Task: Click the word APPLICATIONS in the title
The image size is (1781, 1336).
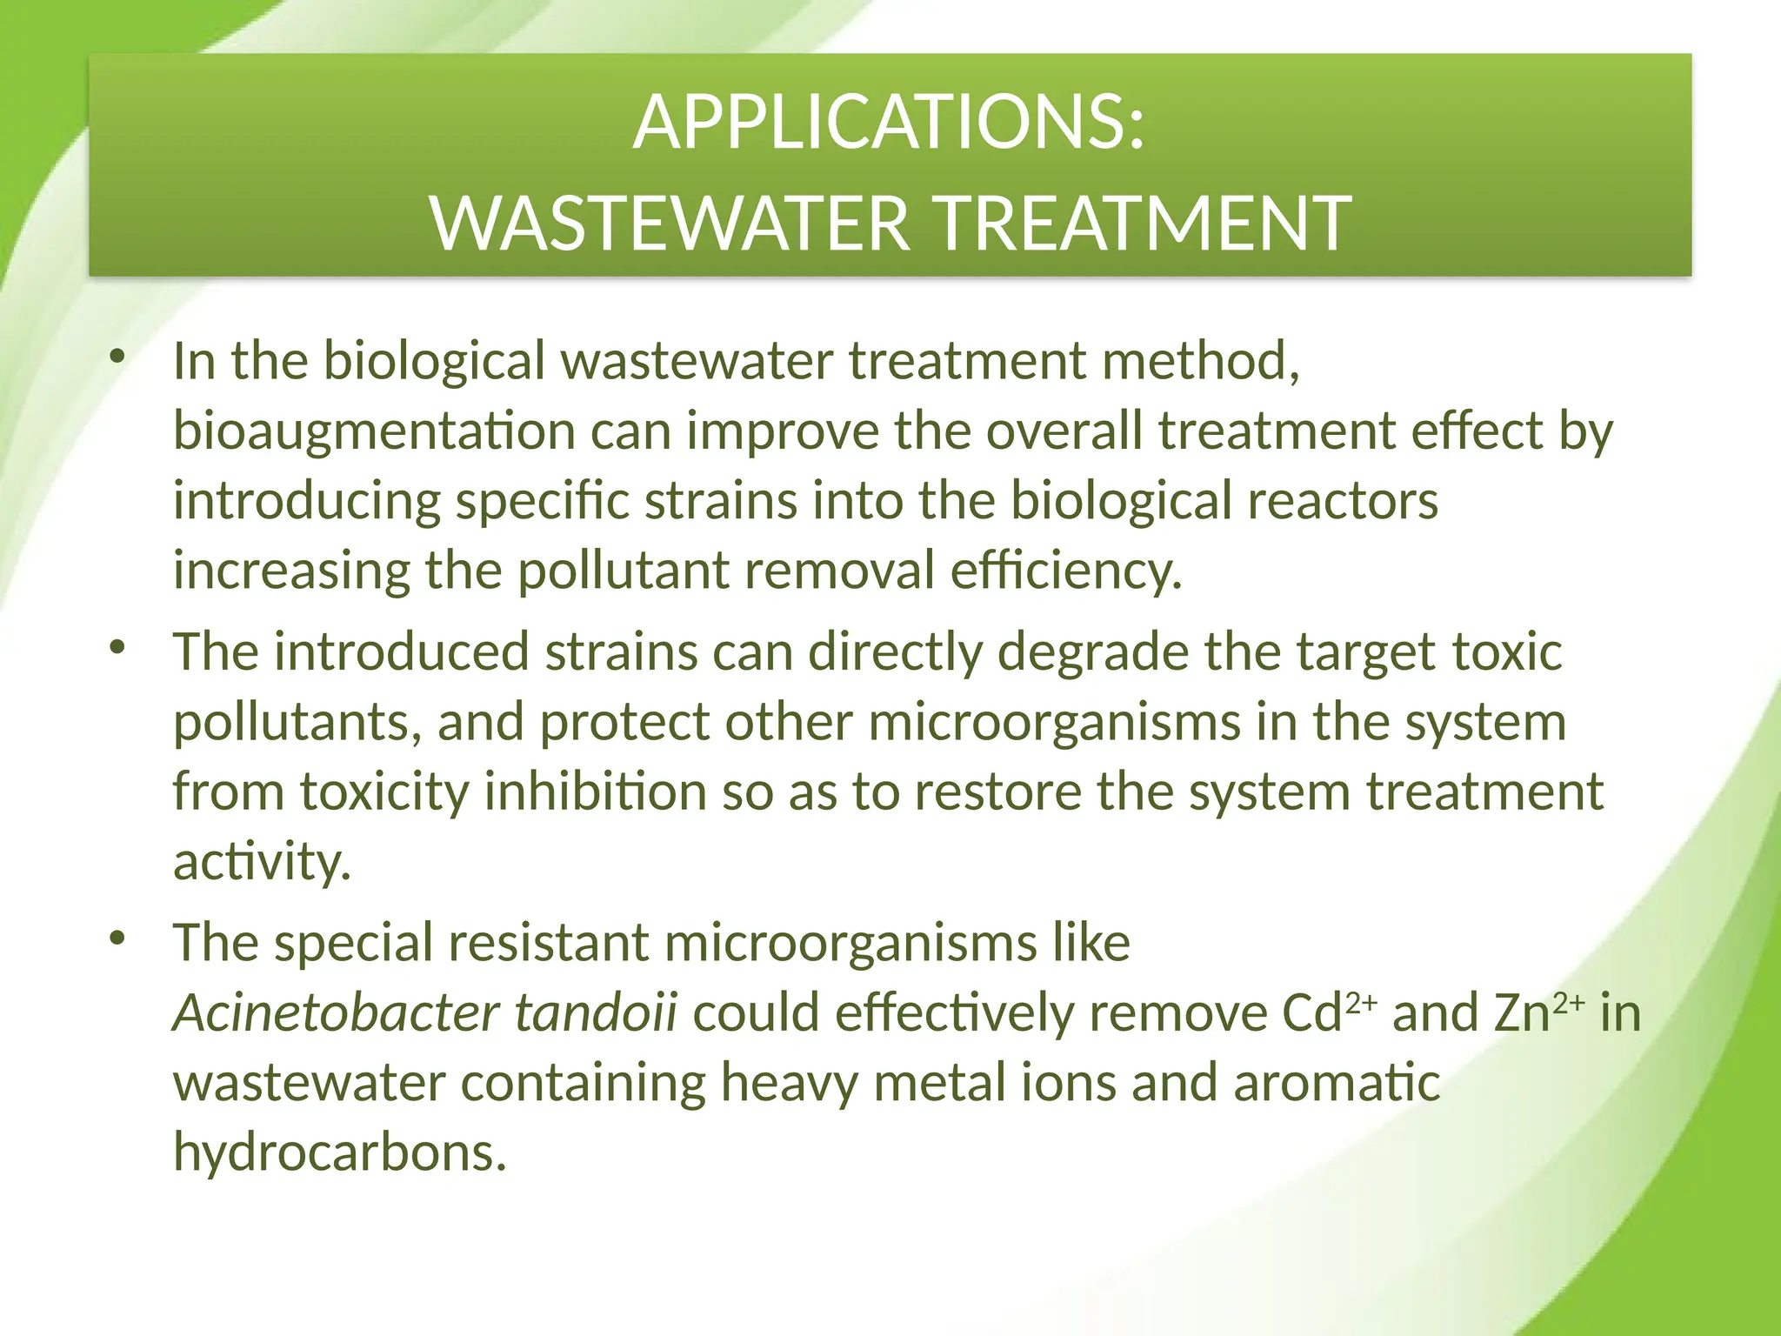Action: pyautogui.click(x=878, y=124)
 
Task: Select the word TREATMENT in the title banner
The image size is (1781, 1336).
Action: pyautogui.click(x=1144, y=224)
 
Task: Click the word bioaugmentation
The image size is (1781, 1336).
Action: pyautogui.click(x=374, y=432)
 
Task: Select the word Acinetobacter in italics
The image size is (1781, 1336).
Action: pyautogui.click(x=336, y=1013)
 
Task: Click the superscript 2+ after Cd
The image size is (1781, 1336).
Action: pyautogui.click(x=1361, y=1003)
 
